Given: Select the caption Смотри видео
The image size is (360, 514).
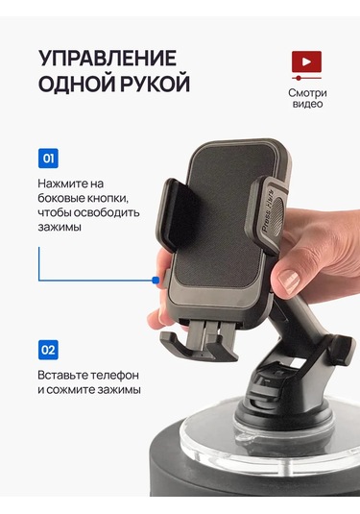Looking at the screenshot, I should tap(307, 98).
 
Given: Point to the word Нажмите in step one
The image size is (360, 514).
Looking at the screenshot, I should tap(61, 184).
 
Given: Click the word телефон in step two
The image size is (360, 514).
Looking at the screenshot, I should tap(114, 376).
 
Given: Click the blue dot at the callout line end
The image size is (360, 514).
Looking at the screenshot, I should tap(155, 281).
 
